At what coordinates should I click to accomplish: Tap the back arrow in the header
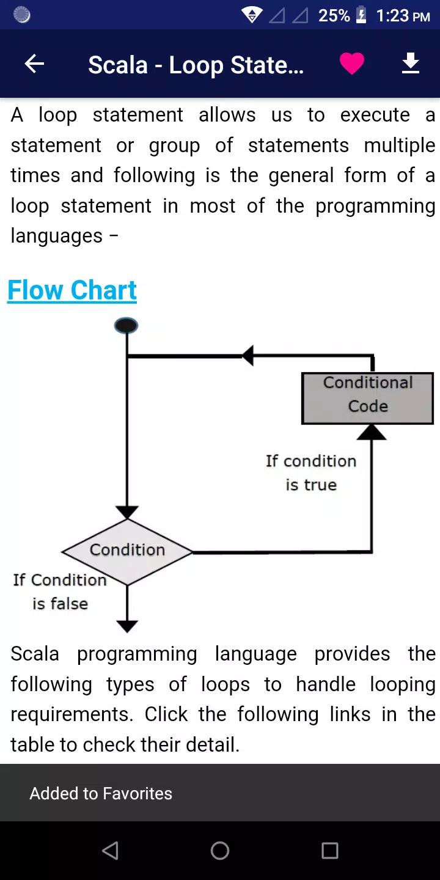34,64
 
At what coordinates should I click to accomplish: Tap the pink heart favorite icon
352,64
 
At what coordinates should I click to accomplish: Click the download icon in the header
411,64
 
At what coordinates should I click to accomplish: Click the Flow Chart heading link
72,290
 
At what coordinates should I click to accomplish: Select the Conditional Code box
368,398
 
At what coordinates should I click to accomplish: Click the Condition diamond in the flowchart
127,552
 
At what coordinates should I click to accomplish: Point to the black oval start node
126,326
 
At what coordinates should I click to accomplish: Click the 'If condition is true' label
311,473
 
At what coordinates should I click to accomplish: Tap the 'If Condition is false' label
60,592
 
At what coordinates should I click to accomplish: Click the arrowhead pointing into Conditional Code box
372,432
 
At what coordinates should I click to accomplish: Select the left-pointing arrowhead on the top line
248,356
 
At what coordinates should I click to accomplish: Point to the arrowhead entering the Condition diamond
127,512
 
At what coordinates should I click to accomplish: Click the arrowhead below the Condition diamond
127,626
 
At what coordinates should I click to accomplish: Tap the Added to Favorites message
101,793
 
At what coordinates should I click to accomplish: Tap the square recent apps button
330,851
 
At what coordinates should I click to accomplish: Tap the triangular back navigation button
110,851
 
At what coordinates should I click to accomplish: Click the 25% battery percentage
334,16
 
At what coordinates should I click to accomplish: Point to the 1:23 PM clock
403,16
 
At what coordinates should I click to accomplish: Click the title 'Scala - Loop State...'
196,65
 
